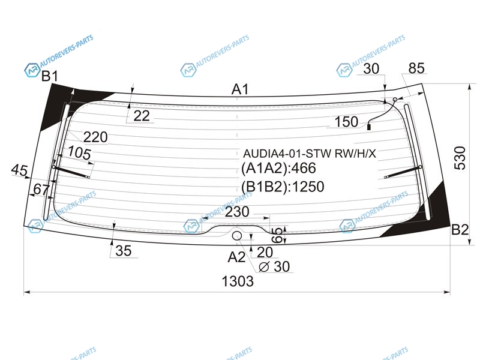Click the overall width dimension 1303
238,281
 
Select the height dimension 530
460,158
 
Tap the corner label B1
50,76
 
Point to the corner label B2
460,230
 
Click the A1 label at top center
241,89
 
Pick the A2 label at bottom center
236,257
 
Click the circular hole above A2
237,236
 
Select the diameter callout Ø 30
274,266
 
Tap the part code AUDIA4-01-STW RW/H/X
310,153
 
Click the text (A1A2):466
278,168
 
